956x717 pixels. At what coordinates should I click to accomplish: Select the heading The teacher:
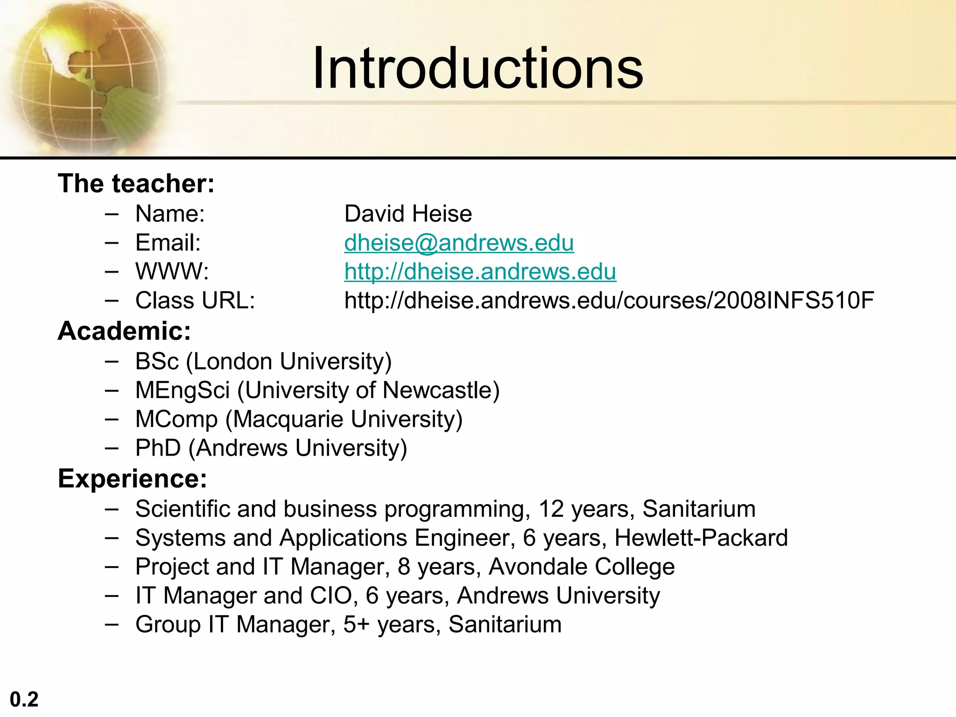[x=136, y=183]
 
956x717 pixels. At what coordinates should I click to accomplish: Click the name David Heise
[x=408, y=214]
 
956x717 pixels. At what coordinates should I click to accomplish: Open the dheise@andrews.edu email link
[x=459, y=243]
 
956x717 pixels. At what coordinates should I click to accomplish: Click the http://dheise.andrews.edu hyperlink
[x=480, y=272]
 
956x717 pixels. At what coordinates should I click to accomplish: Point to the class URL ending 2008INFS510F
[x=609, y=301]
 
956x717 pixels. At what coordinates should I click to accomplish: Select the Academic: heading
[x=124, y=331]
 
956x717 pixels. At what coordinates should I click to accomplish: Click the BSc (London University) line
[x=263, y=361]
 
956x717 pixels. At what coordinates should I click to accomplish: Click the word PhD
[x=158, y=448]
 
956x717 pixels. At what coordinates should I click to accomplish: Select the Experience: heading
[x=132, y=478]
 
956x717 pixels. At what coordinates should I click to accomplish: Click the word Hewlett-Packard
[x=701, y=538]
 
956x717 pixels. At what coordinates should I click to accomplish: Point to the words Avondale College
[x=581, y=567]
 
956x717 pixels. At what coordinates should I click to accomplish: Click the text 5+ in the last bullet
[x=356, y=625]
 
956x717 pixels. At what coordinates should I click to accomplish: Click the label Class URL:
[x=195, y=301]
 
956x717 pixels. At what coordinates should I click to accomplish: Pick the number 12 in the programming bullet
[x=551, y=509]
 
